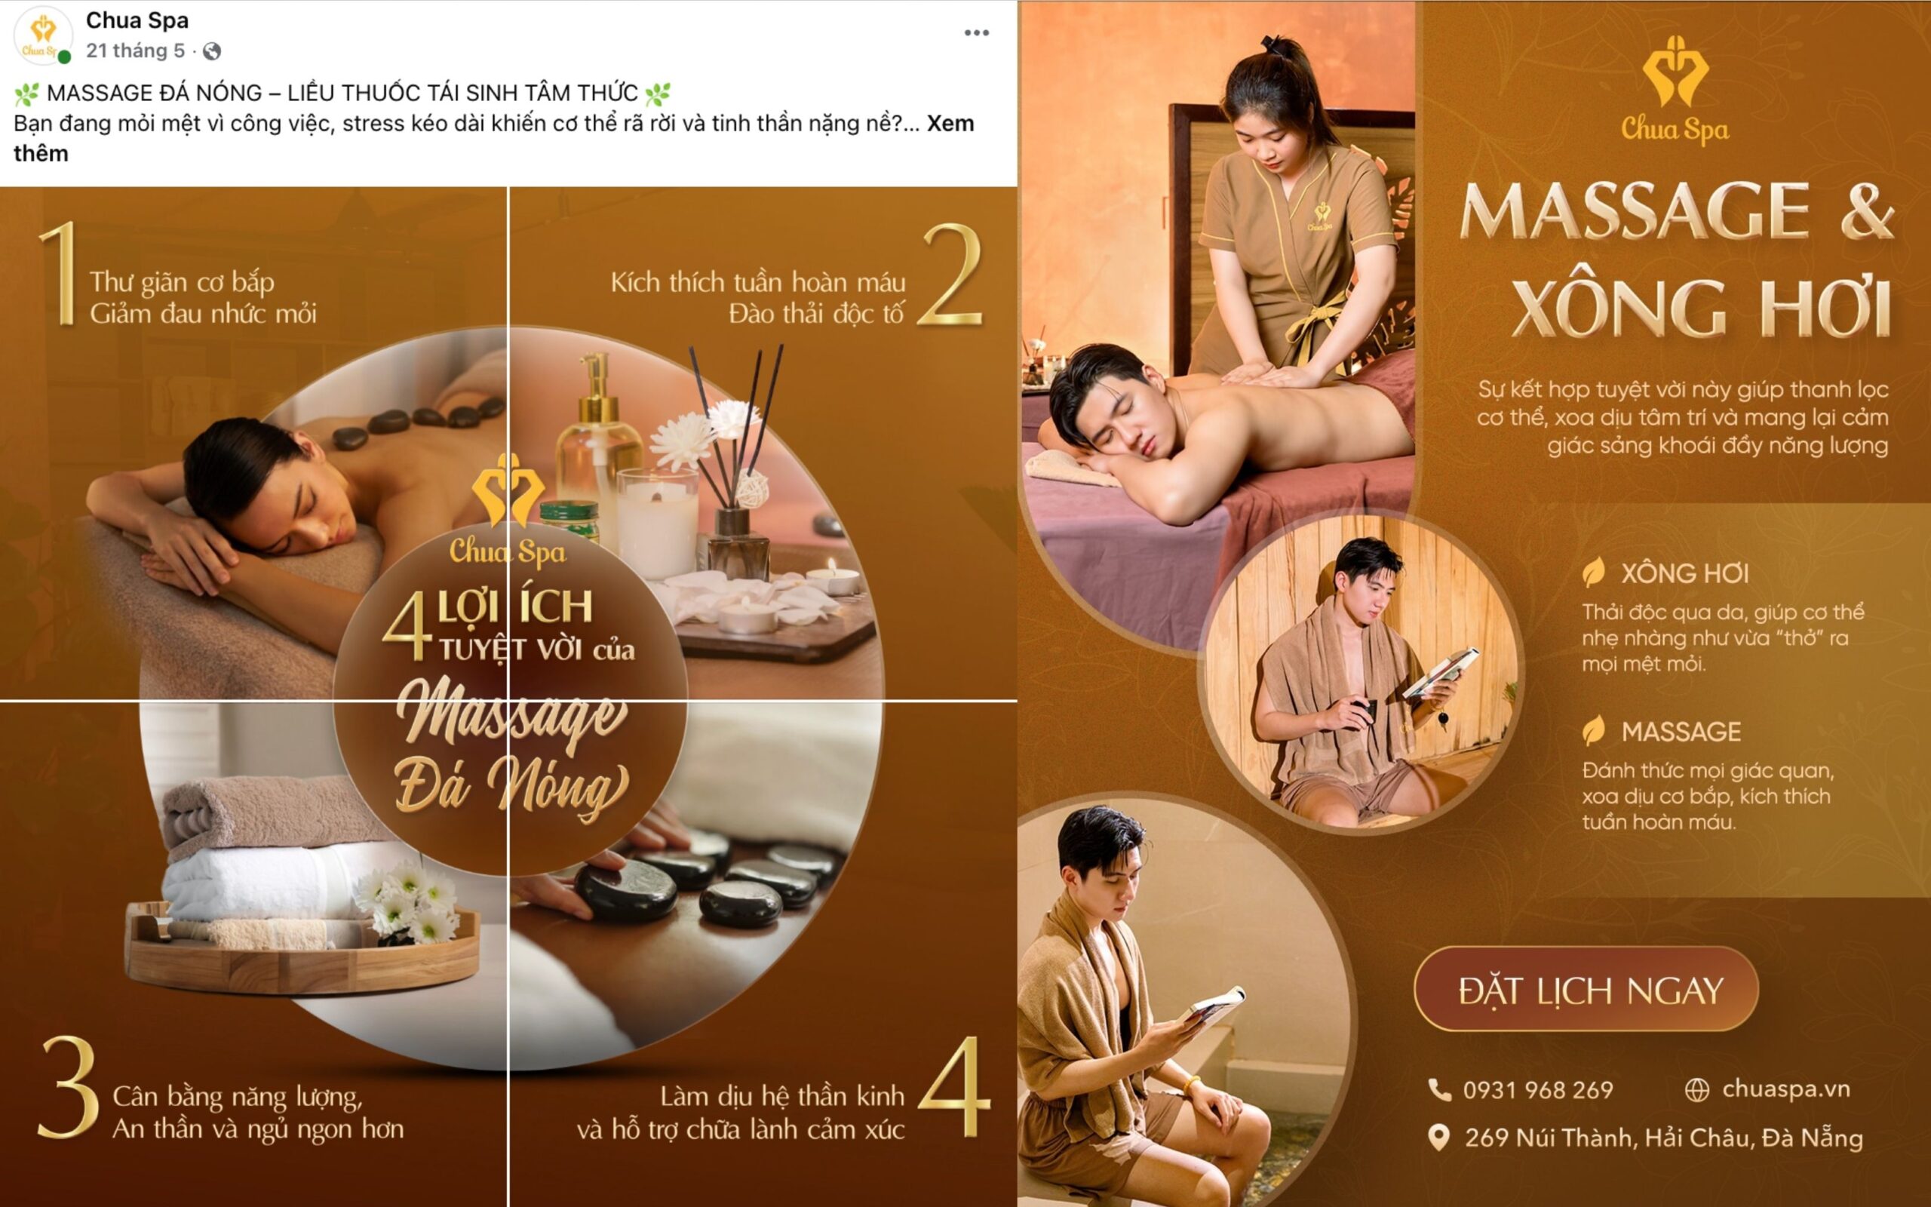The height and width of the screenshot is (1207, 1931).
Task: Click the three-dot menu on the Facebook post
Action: pyautogui.click(x=976, y=32)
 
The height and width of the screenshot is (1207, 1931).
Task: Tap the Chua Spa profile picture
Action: pyautogui.click(x=43, y=35)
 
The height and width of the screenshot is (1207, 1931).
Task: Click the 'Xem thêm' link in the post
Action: pyautogui.click(x=950, y=124)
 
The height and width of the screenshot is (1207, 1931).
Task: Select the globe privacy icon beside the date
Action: pyautogui.click(x=211, y=51)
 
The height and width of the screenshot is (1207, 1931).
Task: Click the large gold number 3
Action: pyautogui.click(x=69, y=1087)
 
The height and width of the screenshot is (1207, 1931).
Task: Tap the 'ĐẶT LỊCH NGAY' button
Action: pyautogui.click(x=1586, y=990)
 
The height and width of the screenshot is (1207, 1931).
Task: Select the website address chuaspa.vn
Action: pyautogui.click(x=1785, y=1089)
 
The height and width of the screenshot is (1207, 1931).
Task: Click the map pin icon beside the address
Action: pyautogui.click(x=1438, y=1138)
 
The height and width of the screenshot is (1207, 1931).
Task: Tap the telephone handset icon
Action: pyautogui.click(x=1439, y=1089)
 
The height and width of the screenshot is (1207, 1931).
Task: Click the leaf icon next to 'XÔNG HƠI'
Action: pyautogui.click(x=1594, y=573)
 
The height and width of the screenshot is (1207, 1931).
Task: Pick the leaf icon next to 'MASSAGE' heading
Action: pyautogui.click(x=1594, y=730)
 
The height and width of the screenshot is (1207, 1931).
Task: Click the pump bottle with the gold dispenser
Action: pyautogui.click(x=597, y=447)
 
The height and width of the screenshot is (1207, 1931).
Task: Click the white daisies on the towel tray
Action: pyautogui.click(x=407, y=902)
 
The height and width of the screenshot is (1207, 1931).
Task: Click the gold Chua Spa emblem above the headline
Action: pyautogui.click(x=1675, y=72)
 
